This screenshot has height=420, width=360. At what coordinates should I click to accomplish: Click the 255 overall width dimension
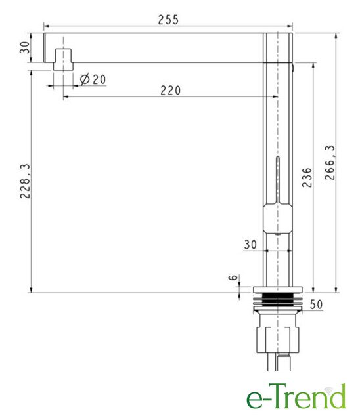pos(168,20)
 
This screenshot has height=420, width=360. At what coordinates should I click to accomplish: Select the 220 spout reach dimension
pos(171,91)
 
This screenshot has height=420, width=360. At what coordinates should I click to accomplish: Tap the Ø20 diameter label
pos(93,79)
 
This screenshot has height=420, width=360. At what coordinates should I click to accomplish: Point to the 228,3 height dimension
pos(26,181)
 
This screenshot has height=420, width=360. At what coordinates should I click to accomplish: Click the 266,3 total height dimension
pos(330,162)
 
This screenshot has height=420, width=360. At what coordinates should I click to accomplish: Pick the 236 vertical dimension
pos(307,177)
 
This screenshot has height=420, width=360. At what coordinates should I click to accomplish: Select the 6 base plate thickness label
pos(233,277)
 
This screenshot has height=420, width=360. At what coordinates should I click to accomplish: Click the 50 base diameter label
pos(316,304)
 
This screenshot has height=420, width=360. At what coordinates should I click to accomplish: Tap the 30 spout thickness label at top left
pos(25,47)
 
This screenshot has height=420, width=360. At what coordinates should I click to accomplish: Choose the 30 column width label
pos(250,244)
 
